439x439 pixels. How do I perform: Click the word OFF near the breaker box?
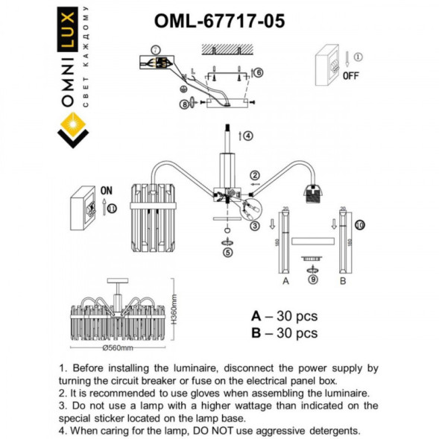[x=351, y=75]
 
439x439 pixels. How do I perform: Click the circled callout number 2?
[x=254, y=174]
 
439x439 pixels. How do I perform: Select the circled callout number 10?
[x=359, y=224]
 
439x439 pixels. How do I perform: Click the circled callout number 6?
[x=259, y=72]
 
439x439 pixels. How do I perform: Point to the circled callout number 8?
[x=184, y=105]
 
